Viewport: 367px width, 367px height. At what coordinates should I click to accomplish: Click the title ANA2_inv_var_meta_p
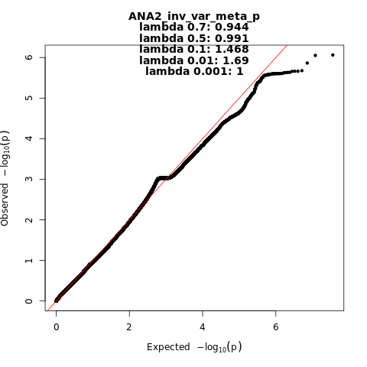(x=194, y=16)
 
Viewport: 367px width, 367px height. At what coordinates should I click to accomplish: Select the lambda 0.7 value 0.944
(x=232, y=27)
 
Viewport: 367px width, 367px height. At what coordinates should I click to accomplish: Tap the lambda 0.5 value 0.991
(x=232, y=38)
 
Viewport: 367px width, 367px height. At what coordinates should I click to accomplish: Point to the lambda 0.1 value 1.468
(x=232, y=49)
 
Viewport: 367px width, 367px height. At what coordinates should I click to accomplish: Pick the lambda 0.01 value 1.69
(x=235, y=60)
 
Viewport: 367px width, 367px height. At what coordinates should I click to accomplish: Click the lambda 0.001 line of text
(x=194, y=71)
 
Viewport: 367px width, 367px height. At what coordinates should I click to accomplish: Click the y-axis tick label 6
(x=29, y=57)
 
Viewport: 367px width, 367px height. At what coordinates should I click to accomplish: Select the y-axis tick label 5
(x=29, y=98)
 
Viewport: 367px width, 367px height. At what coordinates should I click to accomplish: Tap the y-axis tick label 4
(x=29, y=138)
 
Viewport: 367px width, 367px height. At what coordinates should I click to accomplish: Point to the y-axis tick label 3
(x=29, y=179)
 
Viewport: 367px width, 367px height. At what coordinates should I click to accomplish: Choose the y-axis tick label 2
(x=29, y=219)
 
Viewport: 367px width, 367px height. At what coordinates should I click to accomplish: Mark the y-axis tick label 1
(x=29, y=260)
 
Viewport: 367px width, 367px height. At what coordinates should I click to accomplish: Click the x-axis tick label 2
(x=129, y=326)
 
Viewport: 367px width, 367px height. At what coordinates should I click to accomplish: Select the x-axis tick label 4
(x=203, y=326)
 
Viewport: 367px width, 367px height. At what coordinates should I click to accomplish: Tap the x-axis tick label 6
(x=275, y=326)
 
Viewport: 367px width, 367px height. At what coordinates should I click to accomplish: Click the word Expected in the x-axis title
(x=168, y=347)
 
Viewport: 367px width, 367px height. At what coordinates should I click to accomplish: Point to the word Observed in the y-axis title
(x=5, y=205)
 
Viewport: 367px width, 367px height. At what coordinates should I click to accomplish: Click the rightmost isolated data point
(x=333, y=55)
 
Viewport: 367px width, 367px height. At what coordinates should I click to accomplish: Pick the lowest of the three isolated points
(x=307, y=63)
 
